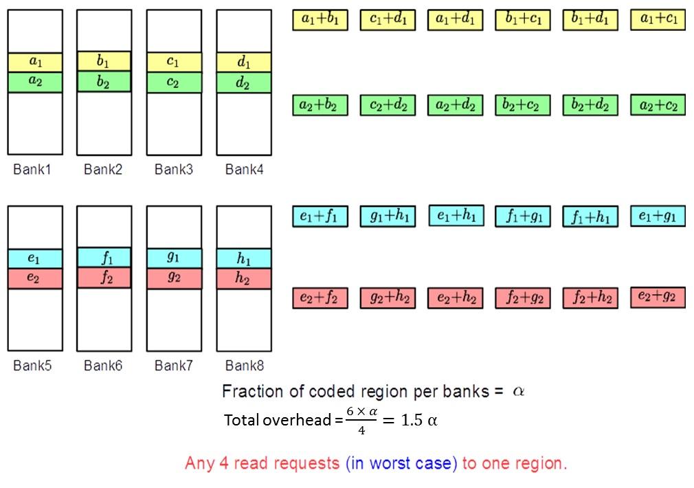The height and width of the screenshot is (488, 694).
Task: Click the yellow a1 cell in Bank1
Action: pyautogui.click(x=35, y=62)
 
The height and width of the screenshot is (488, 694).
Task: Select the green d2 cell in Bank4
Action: pyautogui.click(x=243, y=82)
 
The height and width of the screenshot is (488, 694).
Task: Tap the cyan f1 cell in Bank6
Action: pyautogui.click(x=104, y=257)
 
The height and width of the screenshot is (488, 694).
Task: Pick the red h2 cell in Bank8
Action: pyautogui.click(x=243, y=278)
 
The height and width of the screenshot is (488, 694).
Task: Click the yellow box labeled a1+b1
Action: pyautogui.click(x=320, y=20)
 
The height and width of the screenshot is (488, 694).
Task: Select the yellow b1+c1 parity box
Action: pyautogui.click(x=523, y=20)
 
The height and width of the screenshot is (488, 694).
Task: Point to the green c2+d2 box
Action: pyautogui.click(x=388, y=105)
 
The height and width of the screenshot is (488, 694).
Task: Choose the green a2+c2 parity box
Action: pyautogui.click(x=658, y=104)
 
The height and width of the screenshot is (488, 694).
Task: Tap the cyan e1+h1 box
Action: pyautogui.click(x=456, y=215)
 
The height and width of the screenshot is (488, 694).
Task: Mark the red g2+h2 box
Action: pyautogui.click(x=388, y=298)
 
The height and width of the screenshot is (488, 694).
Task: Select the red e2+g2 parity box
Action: pyautogui.click(x=658, y=297)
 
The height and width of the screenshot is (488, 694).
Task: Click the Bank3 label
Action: pyautogui.click(x=173, y=169)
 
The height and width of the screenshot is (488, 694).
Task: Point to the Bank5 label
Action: pyautogui.click(x=32, y=366)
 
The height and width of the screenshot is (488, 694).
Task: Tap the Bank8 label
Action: pyautogui.click(x=245, y=366)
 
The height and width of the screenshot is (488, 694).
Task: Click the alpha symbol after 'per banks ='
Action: pyautogui.click(x=519, y=391)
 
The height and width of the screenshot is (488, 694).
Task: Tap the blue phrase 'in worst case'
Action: pyautogui.click(x=402, y=463)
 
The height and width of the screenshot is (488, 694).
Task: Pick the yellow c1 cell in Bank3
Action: pyautogui.click(x=173, y=62)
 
